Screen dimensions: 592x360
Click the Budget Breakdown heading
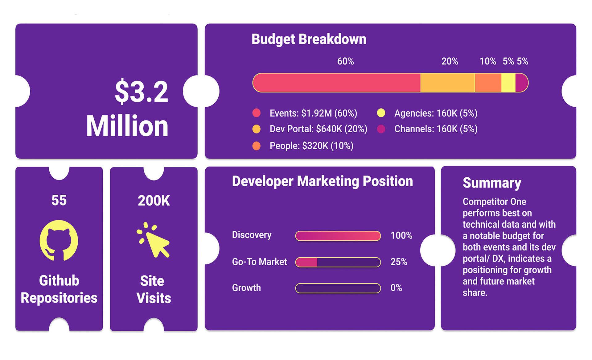(x=309, y=39)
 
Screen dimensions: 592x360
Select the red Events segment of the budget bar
(x=337, y=83)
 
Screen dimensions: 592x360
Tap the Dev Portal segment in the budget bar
(x=448, y=83)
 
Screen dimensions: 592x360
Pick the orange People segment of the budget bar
(x=488, y=83)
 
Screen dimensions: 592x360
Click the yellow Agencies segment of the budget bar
(x=508, y=83)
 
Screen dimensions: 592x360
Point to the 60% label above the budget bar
(x=345, y=61)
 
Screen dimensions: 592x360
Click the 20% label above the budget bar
(x=450, y=61)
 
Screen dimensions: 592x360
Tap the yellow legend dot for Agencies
(x=381, y=113)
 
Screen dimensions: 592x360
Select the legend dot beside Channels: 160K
(x=381, y=129)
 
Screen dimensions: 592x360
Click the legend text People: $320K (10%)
(x=311, y=146)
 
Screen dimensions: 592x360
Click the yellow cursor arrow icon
(x=154, y=240)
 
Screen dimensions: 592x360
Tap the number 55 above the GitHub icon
(x=59, y=201)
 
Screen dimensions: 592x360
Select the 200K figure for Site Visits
(x=154, y=201)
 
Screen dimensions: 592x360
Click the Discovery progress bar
(x=338, y=236)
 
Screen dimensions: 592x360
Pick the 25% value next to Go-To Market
(x=399, y=262)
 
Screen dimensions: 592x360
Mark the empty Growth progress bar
(x=338, y=288)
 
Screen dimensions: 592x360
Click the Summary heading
(x=492, y=183)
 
